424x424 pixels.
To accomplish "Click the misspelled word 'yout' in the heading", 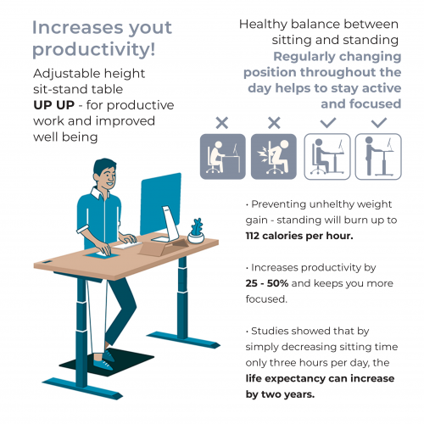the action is pyautogui.click(x=150, y=29).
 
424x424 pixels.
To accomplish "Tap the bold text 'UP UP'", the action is pyautogui.click(x=53, y=105).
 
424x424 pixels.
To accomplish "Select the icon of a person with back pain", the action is pyautogui.click(x=274, y=156).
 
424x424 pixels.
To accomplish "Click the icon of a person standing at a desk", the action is pyautogui.click(x=378, y=156).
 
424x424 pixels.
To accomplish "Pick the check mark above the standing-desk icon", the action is pyautogui.click(x=379, y=123).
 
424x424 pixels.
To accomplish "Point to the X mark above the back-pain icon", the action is pyautogui.click(x=274, y=123).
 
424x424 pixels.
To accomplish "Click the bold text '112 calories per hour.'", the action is pyautogui.click(x=299, y=236).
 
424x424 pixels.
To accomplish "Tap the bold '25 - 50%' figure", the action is pyautogui.click(x=267, y=283).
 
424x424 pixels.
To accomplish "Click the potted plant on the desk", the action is pyautogui.click(x=196, y=231).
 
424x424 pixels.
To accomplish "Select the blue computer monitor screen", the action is pyautogui.click(x=160, y=204).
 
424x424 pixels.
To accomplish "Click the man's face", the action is pyautogui.click(x=108, y=176).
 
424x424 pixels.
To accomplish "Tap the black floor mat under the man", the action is pyautogui.click(x=107, y=362).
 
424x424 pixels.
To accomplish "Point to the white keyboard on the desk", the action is pyautogui.click(x=128, y=245).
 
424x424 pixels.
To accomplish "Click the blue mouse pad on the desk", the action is pyautogui.click(x=103, y=255).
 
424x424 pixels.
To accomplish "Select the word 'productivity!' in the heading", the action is pyautogui.click(x=94, y=50).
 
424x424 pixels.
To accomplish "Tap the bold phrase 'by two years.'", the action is pyautogui.click(x=280, y=394).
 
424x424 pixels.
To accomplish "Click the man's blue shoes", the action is pyautogui.click(x=104, y=360).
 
